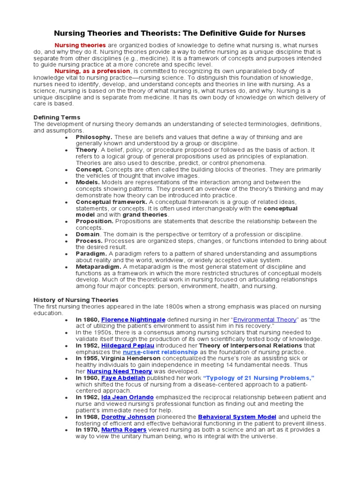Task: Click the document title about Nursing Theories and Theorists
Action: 180,33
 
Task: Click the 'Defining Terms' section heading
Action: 57,117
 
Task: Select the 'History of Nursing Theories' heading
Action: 76,300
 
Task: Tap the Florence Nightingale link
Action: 133,320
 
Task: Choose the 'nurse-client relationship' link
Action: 160,352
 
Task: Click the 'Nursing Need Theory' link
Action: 120,371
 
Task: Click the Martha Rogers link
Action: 124,430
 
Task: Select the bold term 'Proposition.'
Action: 95,221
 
